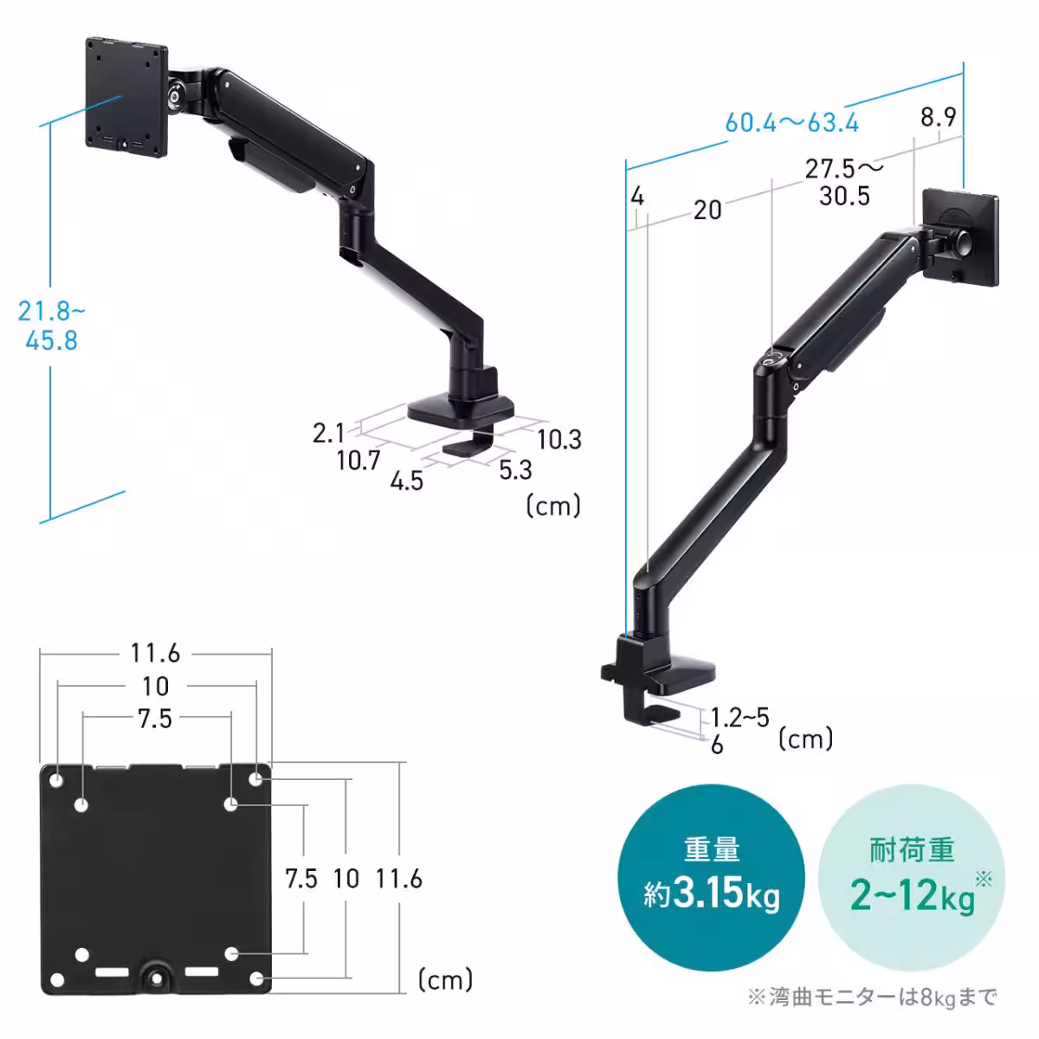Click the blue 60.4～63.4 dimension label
tap(791, 123)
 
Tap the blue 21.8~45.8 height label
tap(51, 326)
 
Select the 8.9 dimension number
tap(939, 117)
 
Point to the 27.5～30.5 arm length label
tap(844, 182)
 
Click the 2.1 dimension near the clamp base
tap(328, 433)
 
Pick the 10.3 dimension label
tap(559, 440)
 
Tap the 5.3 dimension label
tap(515, 469)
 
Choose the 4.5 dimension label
tap(407, 481)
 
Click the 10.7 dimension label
tap(358, 461)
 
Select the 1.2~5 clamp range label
tap(739, 718)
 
